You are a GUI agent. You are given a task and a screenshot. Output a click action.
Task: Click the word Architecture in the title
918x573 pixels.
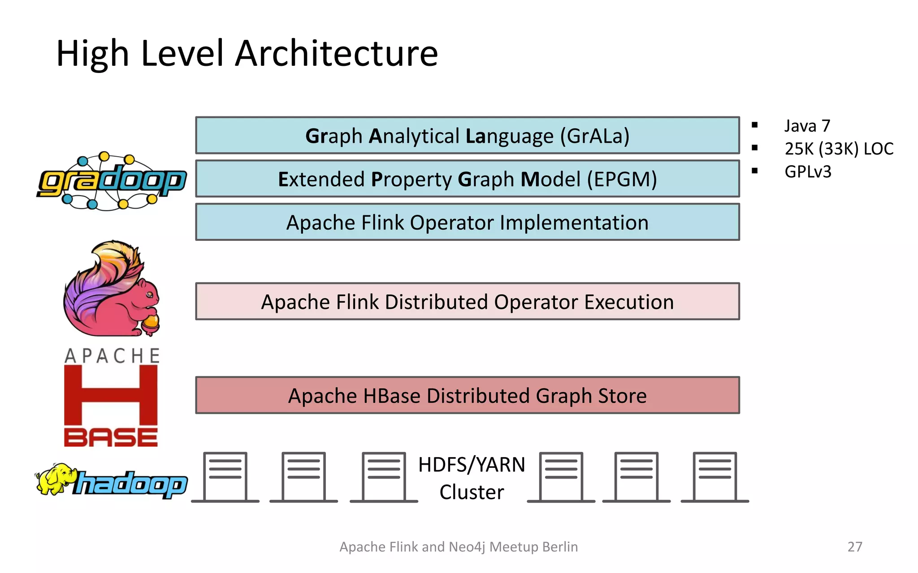tap(336, 54)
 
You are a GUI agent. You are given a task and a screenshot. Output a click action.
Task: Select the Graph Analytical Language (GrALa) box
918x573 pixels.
tap(467, 136)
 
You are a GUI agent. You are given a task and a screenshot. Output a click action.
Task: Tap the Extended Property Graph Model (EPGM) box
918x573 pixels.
tap(467, 179)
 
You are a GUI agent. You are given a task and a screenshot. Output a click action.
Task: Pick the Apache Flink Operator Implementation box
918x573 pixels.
tap(467, 222)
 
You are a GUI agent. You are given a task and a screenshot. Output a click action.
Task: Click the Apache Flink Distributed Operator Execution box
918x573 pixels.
tap(467, 302)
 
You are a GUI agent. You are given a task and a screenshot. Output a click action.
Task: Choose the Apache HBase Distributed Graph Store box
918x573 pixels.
tap(467, 396)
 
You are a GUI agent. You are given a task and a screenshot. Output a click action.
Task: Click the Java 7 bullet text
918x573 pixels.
tap(807, 126)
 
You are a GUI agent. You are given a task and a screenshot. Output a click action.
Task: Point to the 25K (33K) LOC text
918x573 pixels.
tap(839, 149)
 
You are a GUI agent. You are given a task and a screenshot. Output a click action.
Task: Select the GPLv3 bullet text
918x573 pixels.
tap(808, 172)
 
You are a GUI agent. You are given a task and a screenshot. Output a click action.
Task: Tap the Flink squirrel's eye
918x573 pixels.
tap(149, 294)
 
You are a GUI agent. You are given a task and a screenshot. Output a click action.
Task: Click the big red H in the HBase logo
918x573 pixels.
tap(111, 395)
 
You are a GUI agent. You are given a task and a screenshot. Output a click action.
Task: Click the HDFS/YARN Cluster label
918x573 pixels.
tap(472, 478)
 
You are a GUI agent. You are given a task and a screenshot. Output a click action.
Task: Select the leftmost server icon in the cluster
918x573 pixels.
tap(225, 477)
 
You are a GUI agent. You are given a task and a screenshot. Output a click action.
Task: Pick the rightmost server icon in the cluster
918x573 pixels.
tap(714, 477)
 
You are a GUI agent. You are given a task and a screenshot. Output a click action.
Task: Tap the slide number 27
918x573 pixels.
tap(854, 547)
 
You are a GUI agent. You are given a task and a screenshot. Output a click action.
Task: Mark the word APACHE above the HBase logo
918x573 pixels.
tap(112, 356)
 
